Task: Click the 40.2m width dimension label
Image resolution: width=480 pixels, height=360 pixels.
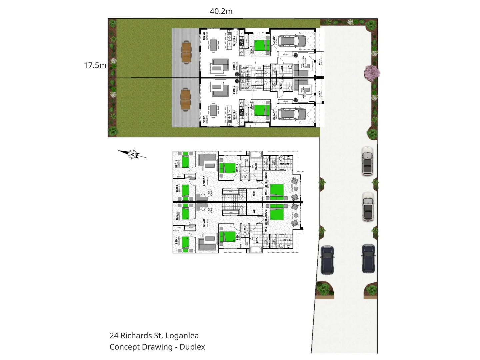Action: [x=221, y=11]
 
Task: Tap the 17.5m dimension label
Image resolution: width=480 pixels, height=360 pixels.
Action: [x=95, y=65]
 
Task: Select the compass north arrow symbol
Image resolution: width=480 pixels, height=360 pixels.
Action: [x=132, y=154]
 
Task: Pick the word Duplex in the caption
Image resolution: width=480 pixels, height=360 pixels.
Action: [x=192, y=347]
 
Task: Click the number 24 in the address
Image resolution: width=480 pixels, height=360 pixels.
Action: [x=114, y=336]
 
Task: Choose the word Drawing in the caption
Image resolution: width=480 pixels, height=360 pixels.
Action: [x=156, y=347]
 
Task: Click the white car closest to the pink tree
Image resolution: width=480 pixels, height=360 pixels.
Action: [x=367, y=161]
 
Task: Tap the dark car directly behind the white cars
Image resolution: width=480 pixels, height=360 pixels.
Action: [x=368, y=258]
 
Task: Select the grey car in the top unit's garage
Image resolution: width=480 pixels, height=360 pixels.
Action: [x=292, y=41]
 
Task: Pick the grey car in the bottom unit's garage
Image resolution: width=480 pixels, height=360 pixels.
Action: [x=292, y=114]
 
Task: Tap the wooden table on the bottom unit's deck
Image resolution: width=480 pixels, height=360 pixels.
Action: [x=186, y=99]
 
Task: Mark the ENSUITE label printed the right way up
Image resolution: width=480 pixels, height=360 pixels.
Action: [x=284, y=164]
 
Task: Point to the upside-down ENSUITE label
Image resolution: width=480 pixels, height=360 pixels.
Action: [x=284, y=240]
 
